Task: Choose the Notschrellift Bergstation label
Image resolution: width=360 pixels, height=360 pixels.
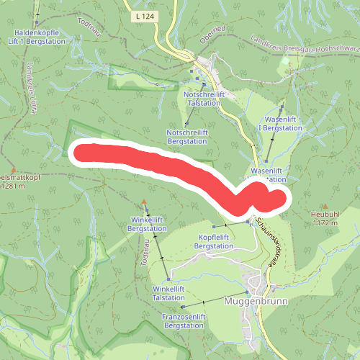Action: (187, 137)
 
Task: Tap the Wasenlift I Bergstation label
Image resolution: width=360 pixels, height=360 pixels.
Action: (282, 122)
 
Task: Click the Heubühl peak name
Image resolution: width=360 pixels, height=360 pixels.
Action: (325, 215)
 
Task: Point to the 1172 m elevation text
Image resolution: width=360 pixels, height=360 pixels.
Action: (325, 223)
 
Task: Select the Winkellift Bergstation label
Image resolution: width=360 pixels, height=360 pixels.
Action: (148, 223)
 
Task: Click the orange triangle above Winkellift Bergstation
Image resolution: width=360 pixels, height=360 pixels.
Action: (144, 202)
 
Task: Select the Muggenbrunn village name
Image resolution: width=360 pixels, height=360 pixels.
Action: (256, 301)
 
